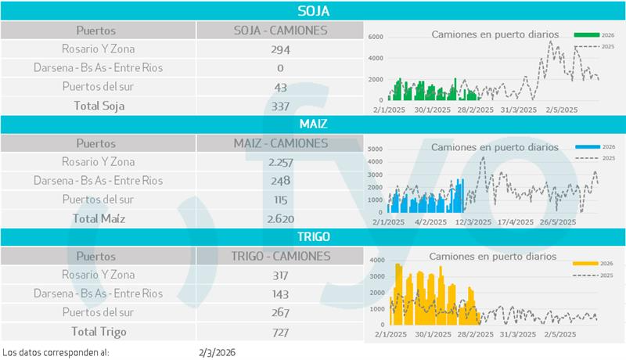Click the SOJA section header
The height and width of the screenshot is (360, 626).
coord(313,11)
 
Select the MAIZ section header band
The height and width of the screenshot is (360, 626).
coord(313,124)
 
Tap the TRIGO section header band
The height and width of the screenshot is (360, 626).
coord(313,236)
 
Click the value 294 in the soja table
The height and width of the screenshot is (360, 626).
coord(280,49)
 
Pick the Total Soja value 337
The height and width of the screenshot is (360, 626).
coord(280,106)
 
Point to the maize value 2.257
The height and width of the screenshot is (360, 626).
coord(280,162)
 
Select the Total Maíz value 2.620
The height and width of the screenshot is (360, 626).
coord(280,218)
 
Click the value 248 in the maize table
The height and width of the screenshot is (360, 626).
coord(280,181)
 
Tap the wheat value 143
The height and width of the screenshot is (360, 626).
coord(280,293)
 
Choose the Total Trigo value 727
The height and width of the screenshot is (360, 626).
coord(280,332)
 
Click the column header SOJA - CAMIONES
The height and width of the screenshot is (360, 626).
coord(280,31)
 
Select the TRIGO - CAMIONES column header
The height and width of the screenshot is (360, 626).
coord(280,256)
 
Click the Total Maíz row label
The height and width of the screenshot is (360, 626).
coord(99,218)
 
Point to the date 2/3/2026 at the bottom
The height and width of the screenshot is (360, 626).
coord(218,352)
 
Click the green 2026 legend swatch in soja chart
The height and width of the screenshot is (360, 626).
coord(586,35)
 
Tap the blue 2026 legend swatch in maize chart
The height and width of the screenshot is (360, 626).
coord(586,147)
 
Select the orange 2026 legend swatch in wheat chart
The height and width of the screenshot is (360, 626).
coord(586,264)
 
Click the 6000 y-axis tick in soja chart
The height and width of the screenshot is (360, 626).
coord(375,38)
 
